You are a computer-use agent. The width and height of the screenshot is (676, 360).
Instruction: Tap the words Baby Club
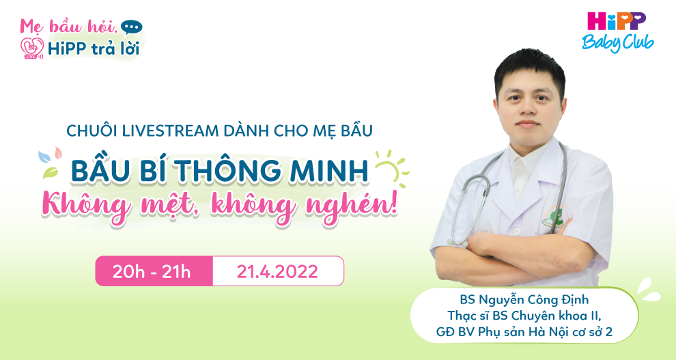pyautogui.click(x=617, y=42)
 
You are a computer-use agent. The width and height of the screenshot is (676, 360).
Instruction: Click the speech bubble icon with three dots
pyautogui.click(x=132, y=27)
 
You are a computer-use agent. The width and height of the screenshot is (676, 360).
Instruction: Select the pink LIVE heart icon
pyautogui.click(x=32, y=49)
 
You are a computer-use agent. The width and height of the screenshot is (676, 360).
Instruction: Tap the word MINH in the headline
pyautogui.click(x=329, y=171)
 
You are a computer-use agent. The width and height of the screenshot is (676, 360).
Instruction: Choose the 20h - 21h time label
pyautogui.click(x=152, y=272)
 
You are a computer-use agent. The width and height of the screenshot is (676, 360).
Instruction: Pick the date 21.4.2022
pyautogui.click(x=277, y=272)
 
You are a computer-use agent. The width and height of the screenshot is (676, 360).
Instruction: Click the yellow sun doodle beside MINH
pyautogui.click(x=391, y=169)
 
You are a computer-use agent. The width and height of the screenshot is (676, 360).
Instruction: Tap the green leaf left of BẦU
pyautogui.click(x=51, y=172)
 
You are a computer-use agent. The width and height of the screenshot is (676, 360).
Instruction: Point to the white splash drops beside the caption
pyautogui.click(x=649, y=290)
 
